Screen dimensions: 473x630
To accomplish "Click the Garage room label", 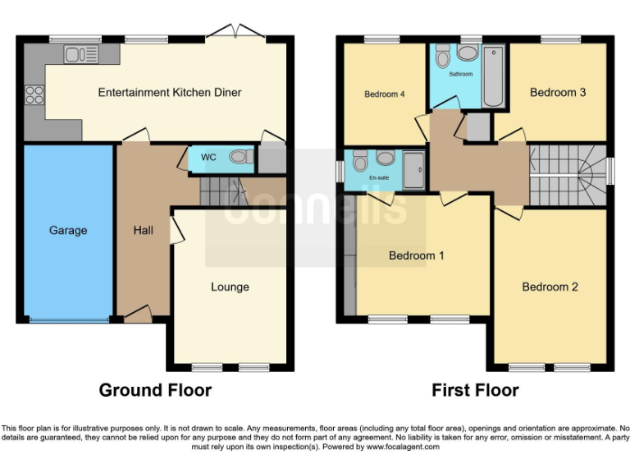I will (67, 231).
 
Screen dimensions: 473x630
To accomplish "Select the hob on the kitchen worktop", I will (34, 94).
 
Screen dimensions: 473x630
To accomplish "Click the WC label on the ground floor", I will (209, 157).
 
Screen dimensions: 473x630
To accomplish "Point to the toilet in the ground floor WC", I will (240, 156).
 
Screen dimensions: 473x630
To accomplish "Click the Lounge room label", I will (230, 287).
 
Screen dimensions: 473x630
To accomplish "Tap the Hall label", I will (144, 231).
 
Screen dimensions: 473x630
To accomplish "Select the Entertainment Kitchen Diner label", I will (170, 92).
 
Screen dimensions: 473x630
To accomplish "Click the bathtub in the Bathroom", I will (494, 78).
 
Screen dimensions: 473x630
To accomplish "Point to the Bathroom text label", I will (460, 75).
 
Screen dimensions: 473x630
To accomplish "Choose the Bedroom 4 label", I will (385, 94).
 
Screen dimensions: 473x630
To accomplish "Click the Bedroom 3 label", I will (558, 92).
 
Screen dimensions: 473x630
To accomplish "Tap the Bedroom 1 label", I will (417, 255).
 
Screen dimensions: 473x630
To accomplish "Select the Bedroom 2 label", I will (550, 287).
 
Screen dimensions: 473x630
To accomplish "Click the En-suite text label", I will (379, 177).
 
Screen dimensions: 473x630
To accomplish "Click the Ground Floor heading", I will (155, 390).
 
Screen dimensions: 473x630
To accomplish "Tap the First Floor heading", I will (475, 390).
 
